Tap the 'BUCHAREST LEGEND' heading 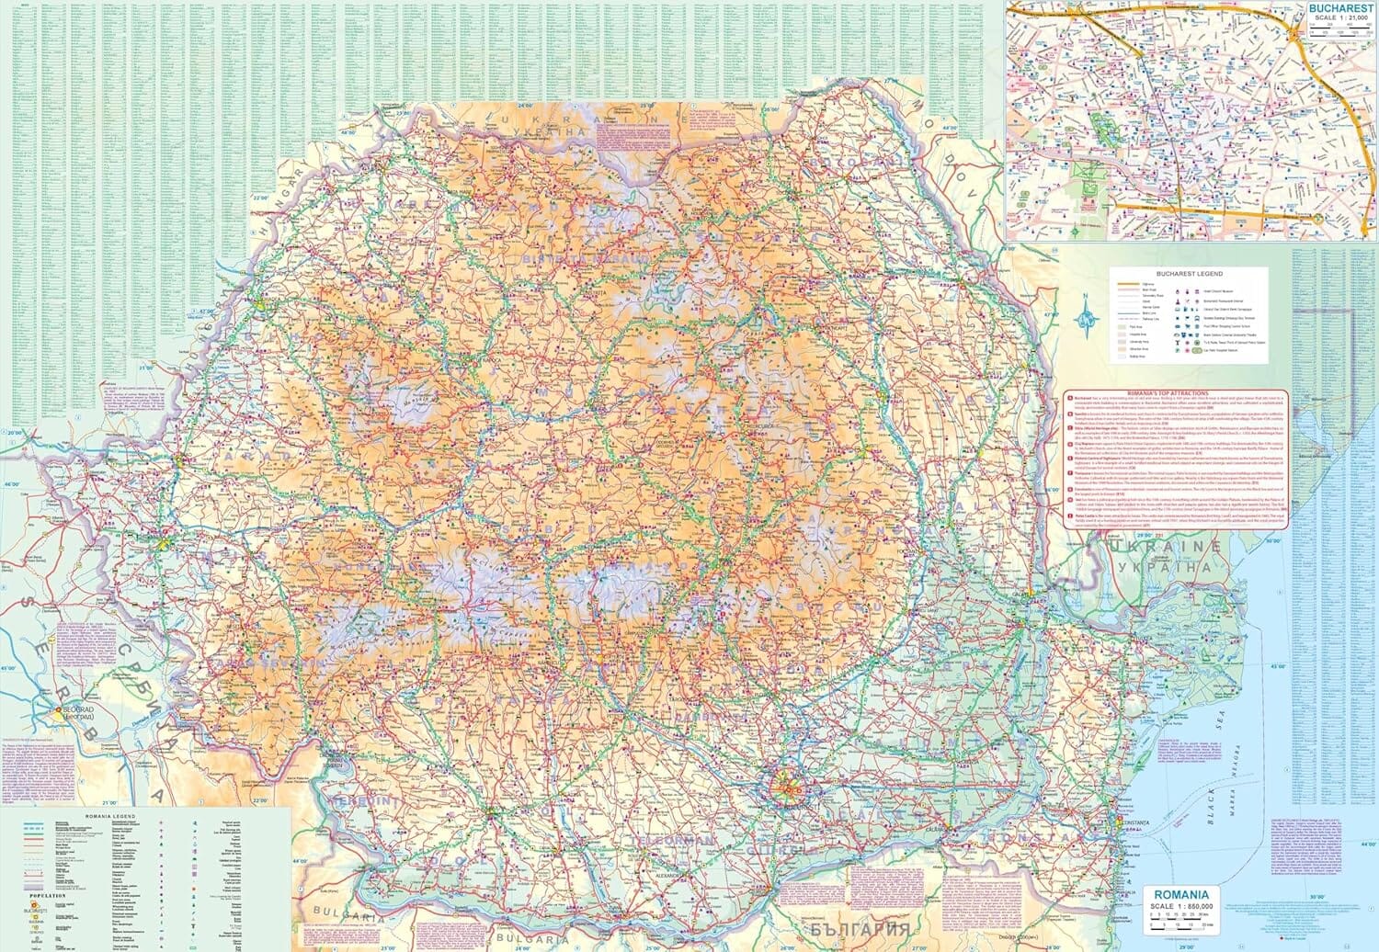pyautogui.click(x=1190, y=274)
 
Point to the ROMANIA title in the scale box pyautogui.click(x=1181, y=894)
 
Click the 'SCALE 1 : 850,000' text pyautogui.click(x=1181, y=906)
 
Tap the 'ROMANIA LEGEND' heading pyautogui.click(x=110, y=816)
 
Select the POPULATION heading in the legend pyautogui.click(x=48, y=894)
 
